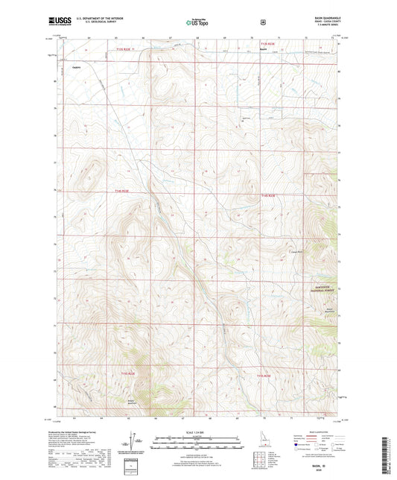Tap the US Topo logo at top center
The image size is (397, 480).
(197, 22)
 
